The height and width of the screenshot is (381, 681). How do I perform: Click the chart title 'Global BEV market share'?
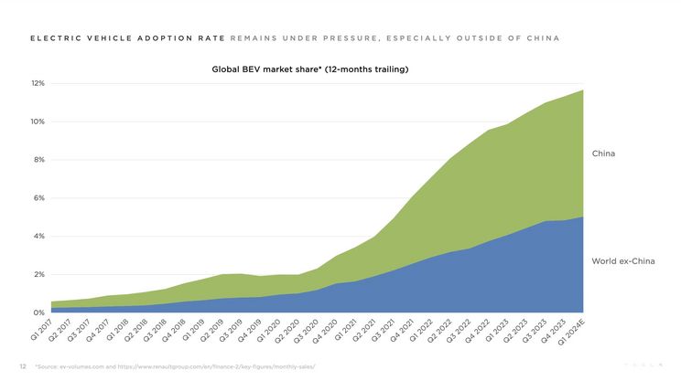click(x=309, y=69)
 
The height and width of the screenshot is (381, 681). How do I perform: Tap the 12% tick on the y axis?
click(x=38, y=84)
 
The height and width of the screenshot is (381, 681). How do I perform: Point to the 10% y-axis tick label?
click(x=38, y=122)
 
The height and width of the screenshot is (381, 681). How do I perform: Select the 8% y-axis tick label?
click(x=39, y=160)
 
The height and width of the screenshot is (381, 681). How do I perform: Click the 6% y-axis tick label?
click(x=39, y=198)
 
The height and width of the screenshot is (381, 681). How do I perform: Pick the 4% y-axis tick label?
click(x=39, y=237)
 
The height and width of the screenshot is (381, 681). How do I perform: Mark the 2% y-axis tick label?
click(x=39, y=275)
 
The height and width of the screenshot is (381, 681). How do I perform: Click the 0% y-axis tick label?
click(x=39, y=313)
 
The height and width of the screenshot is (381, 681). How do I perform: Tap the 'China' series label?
click(x=603, y=153)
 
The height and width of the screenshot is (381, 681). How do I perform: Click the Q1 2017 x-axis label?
click(x=42, y=330)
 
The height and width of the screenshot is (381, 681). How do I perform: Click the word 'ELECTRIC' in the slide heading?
click(x=51, y=38)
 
